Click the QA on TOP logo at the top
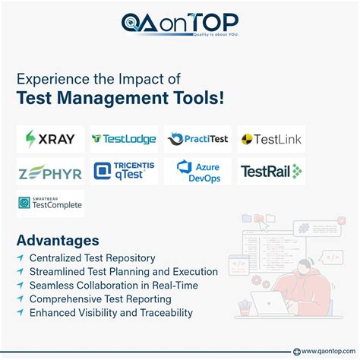(180, 23)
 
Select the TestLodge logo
(124, 139)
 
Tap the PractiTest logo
(197, 139)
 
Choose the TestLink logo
(271, 139)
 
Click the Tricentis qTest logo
(124, 171)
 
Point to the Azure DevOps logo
(197, 171)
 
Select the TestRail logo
(271, 172)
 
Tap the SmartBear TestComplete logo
(50, 204)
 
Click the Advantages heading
(58, 241)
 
